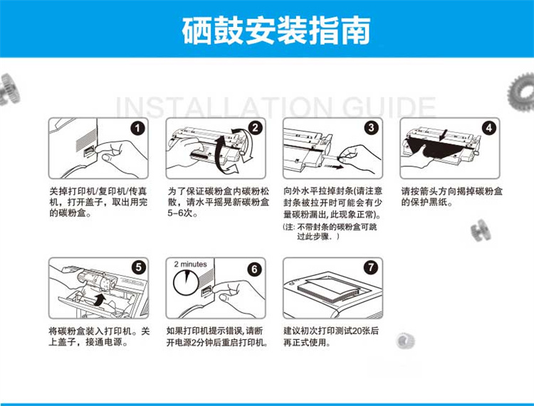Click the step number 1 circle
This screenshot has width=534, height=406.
(137, 129)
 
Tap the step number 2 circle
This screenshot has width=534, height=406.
(255, 128)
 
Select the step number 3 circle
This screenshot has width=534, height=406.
(372, 128)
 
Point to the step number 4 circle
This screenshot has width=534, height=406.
(489, 128)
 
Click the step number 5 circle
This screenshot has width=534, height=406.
(138, 267)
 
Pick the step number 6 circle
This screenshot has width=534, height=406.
(254, 269)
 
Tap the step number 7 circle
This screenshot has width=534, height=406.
(371, 267)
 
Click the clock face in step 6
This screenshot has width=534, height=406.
(186, 282)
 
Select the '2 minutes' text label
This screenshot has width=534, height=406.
(190, 265)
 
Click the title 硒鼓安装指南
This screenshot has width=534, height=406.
(276, 31)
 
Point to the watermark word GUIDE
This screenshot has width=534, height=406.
(389, 107)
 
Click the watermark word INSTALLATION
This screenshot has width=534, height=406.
(224, 107)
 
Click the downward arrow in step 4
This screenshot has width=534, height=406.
(443, 135)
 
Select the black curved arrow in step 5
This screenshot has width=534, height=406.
(100, 300)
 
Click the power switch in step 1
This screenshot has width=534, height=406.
(89, 151)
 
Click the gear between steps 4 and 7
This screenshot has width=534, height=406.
(481, 230)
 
